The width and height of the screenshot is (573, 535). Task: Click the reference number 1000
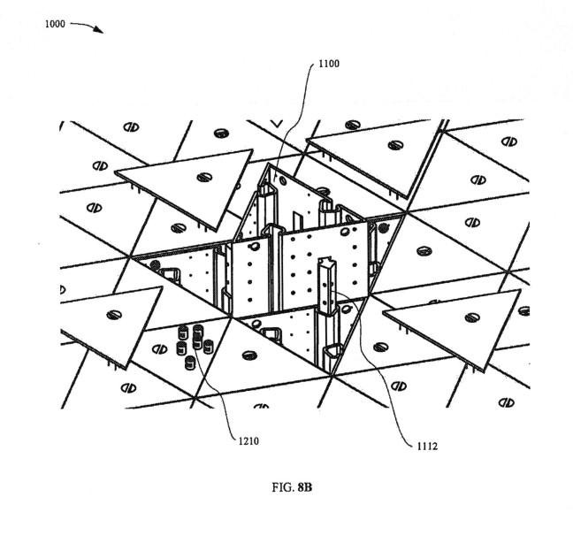pos(53,24)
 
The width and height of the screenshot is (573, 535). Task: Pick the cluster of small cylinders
pos(194,346)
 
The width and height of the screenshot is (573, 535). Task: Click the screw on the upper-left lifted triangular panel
pos(203,177)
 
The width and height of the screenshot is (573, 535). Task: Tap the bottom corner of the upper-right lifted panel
pos(409,197)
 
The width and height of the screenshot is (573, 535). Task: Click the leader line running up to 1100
pos(292,115)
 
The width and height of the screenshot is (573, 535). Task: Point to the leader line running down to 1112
pos(380,389)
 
